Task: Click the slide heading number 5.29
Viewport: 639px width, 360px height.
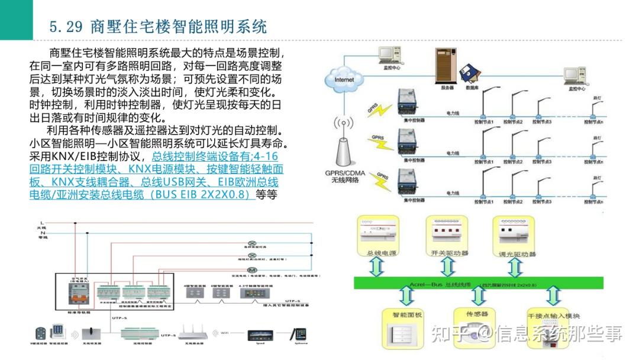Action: pyautogui.click(x=66, y=27)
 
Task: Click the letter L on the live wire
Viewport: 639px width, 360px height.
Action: pyautogui.click(x=42, y=223)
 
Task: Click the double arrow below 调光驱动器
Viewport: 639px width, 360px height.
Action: pyautogui.click(x=515, y=266)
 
